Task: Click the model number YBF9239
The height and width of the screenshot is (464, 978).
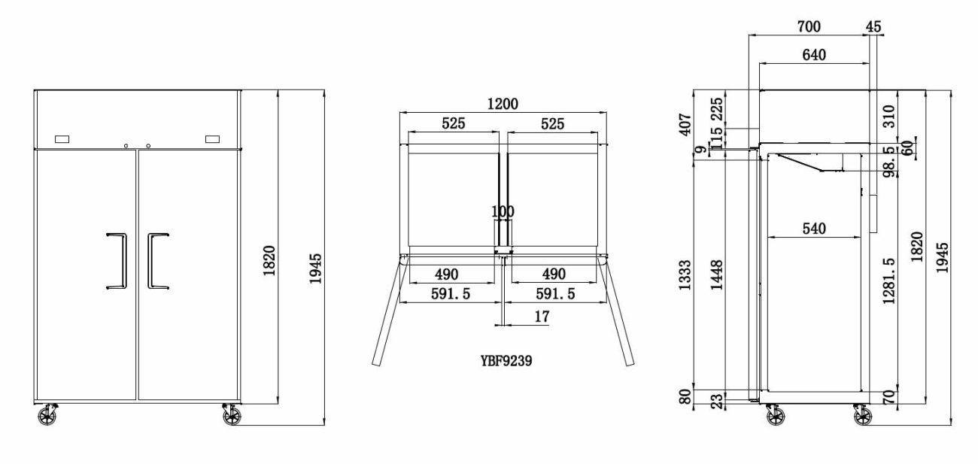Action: click(x=506, y=361)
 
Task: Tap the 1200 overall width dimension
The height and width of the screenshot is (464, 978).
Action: click(x=503, y=104)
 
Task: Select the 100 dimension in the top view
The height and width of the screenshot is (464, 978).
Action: click(x=503, y=212)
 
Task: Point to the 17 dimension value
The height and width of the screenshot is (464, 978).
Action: click(x=542, y=317)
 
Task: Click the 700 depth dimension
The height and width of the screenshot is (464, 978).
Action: click(x=809, y=26)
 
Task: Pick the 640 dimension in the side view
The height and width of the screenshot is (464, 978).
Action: click(x=814, y=55)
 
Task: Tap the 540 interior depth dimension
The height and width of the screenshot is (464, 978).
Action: click(x=814, y=229)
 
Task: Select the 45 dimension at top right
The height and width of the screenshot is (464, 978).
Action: click(x=873, y=26)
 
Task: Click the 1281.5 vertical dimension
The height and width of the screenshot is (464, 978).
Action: click(x=888, y=281)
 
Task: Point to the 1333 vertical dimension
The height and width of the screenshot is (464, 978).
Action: click(x=685, y=275)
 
